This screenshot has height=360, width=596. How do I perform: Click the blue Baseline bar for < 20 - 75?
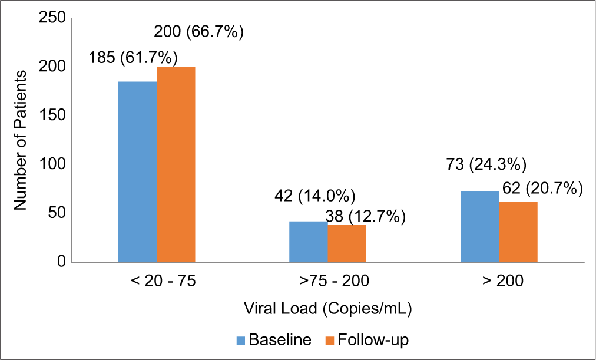pos(137,171)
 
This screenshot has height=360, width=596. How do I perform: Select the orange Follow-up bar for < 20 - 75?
pos(176,164)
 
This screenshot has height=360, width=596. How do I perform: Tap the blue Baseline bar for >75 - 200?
pos(308,242)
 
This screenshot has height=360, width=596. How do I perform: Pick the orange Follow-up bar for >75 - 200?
pos(346,243)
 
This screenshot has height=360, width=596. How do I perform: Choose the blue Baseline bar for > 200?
pos(479,226)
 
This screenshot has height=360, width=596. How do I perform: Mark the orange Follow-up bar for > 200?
pos(518,232)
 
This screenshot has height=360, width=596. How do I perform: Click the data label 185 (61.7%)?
pos(133,58)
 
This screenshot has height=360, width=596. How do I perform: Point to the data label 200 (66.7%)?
pos(198,31)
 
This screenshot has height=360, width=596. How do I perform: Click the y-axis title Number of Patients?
pos(21,140)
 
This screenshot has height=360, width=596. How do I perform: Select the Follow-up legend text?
pos(372,340)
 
